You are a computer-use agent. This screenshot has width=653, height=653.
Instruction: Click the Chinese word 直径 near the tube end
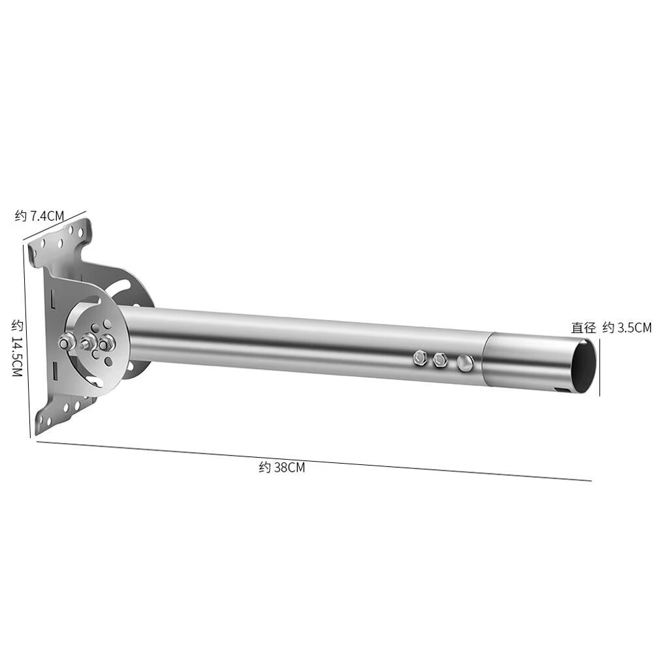click(x=583, y=328)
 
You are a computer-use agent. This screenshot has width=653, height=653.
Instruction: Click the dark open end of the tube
click(x=583, y=366)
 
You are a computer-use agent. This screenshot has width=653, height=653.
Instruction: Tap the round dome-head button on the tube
click(x=465, y=363)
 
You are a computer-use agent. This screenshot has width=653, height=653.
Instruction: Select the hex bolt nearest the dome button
click(x=440, y=360)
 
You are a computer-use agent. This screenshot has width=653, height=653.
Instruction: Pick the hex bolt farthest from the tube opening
click(x=420, y=358)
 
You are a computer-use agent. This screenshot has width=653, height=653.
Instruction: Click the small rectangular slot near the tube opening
click(x=562, y=390)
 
